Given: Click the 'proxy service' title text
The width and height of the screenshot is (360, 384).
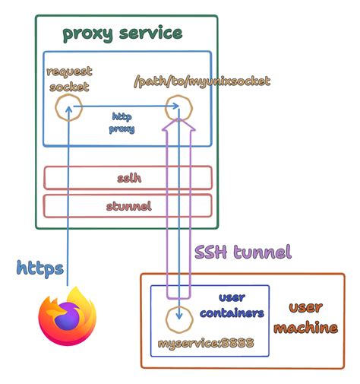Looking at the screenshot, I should click(x=122, y=33).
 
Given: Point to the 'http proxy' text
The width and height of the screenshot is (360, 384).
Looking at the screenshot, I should click(x=123, y=123).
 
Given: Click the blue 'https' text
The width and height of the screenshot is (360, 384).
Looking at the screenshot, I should click(x=39, y=268).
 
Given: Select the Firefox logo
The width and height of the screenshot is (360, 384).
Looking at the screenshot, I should click(x=68, y=319).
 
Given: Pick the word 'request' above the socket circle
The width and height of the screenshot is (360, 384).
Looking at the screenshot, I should click(x=69, y=72).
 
